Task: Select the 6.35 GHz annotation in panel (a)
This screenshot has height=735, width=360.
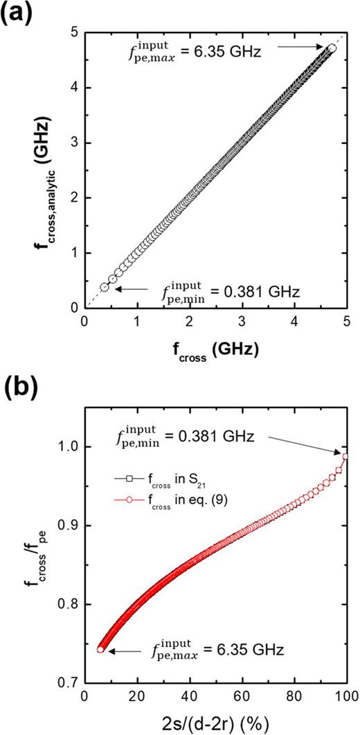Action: [213, 47]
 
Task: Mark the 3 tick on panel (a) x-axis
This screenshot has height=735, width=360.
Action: [241, 322]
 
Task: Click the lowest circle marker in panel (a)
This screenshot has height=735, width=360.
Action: [105, 287]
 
